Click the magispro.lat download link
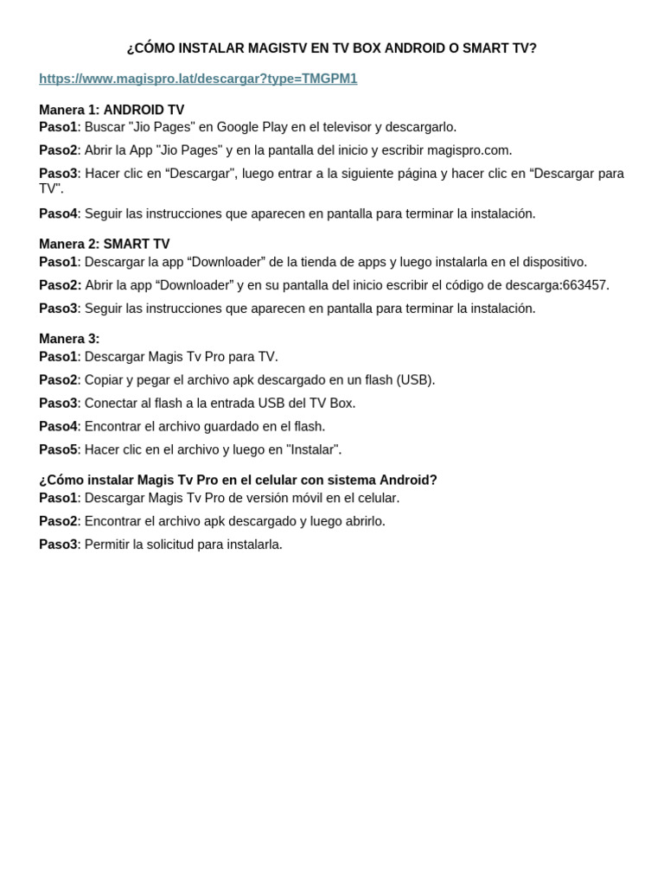198,79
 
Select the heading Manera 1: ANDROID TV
112,110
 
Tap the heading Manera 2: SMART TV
104,244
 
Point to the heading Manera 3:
69,339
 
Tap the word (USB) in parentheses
415,380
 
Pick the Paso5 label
58,449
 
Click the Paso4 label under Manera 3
58,426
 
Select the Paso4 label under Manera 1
58,213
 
